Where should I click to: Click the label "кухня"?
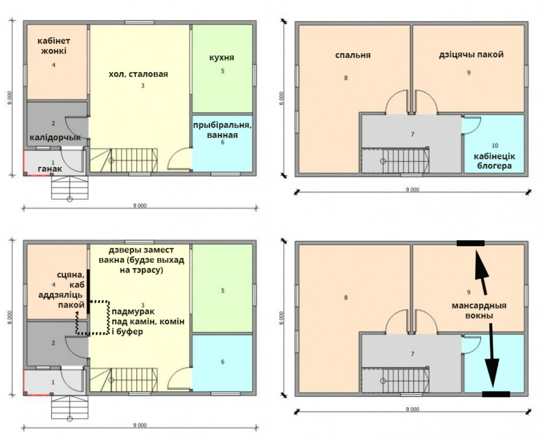(222, 58)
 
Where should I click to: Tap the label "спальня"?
(353, 55)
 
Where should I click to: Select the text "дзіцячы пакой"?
(471, 55)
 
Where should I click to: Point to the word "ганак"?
(50, 169)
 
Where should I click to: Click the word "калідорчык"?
(56, 138)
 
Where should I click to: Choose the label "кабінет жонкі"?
(54, 46)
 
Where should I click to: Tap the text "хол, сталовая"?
(138, 74)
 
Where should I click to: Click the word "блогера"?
(494, 166)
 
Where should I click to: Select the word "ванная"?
(222, 135)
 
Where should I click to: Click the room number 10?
(495, 146)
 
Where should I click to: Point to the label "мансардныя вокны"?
(479, 310)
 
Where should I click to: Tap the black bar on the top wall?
(470, 243)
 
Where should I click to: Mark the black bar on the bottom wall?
(496, 394)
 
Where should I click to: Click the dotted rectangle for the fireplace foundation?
(109, 318)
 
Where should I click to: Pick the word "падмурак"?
(133, 311)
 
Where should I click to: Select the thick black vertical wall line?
(88, 291)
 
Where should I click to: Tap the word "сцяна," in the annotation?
(71, 275)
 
